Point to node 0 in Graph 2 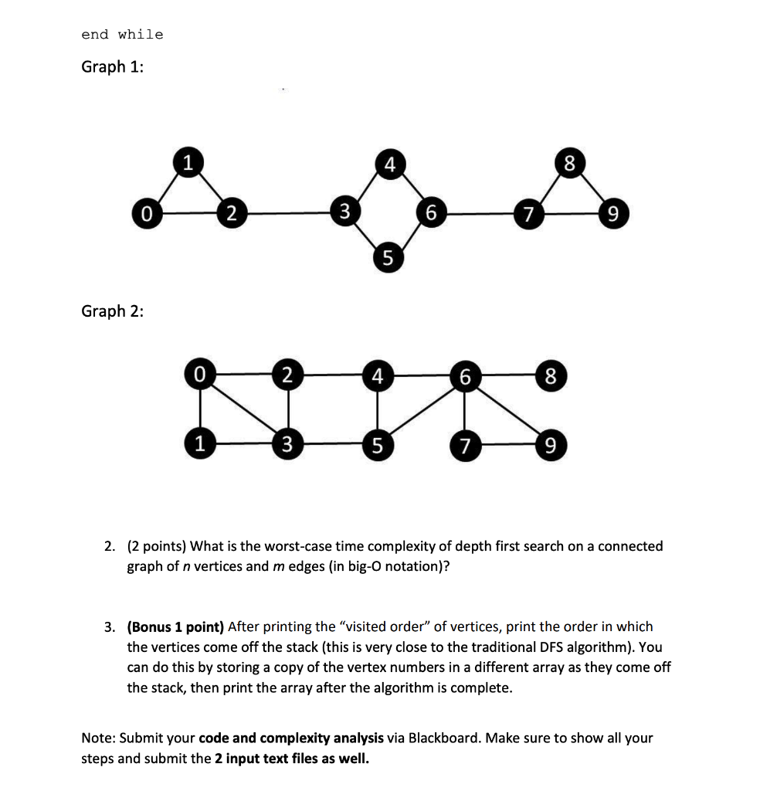coord(199,376)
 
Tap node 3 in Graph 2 coord(287,445)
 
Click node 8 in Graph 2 coord(549,377)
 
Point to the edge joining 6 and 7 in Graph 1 coord(480,212)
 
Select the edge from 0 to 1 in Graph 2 coord(199,410)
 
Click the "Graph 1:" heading coord(114,67)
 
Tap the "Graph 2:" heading coord(114,311)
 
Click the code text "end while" coord(122,35)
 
